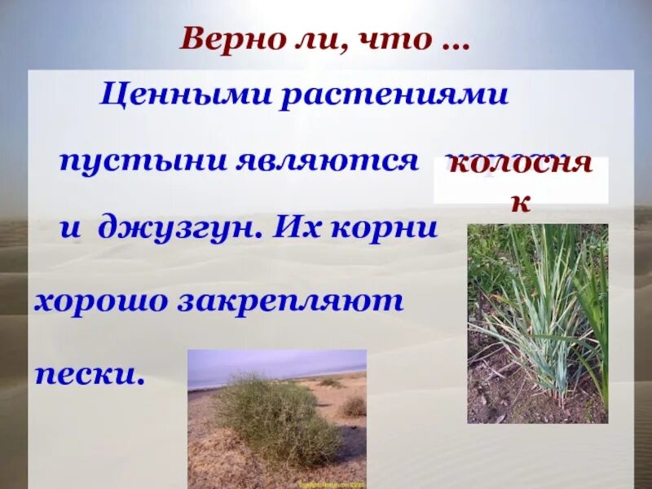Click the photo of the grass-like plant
[x=537, y=323]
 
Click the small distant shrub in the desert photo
[x=354, y=405]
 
